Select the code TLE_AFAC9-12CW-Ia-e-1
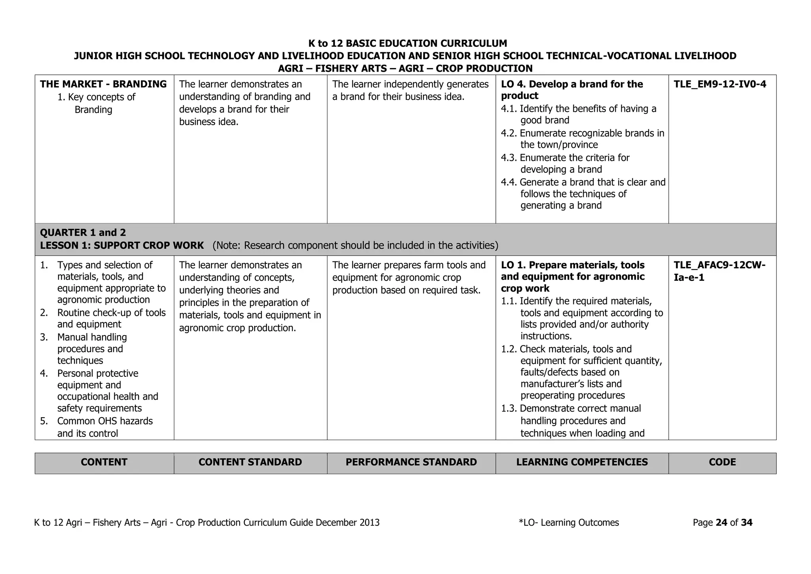pos(720,271)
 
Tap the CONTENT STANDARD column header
pos(250,462)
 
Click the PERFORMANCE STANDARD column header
pos(411,462)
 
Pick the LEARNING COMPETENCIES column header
pos(582,462)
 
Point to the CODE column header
pos(722,462)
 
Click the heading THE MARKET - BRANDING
pos(103,84)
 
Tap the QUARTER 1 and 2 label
pos(83,233)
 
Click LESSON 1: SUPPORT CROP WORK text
pos(122,246)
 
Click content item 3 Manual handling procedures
pos(92,349)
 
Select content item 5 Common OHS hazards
pos(105,427)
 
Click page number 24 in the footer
pos(721,523)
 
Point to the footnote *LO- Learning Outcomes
pos(569,523)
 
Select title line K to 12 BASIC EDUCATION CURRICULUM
pos(407,43)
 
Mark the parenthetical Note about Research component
pos(355,246)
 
